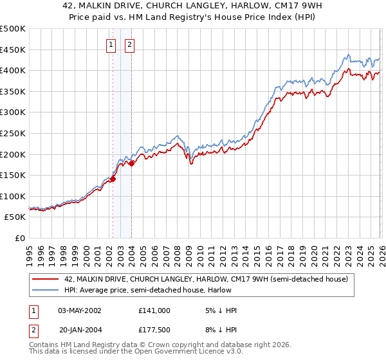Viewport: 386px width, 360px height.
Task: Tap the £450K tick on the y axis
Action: (x=13, y=50)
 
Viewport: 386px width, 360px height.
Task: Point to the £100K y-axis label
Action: (x=13, y=196)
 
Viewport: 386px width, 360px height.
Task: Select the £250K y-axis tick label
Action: (x=13, y=133)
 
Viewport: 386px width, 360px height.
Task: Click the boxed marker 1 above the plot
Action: (x=111, y=44)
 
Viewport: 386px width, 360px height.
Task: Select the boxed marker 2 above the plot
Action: (x=129, y=44)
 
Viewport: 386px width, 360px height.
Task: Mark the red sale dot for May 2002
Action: (x=113, y=179)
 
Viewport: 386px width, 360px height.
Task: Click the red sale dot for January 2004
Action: (x=131, y=164)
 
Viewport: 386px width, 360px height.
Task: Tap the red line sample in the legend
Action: (x=46, y=279)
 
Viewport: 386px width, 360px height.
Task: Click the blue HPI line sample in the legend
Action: (x=46, y=290)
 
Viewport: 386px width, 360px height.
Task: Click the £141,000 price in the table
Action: (x=154, y=310)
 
